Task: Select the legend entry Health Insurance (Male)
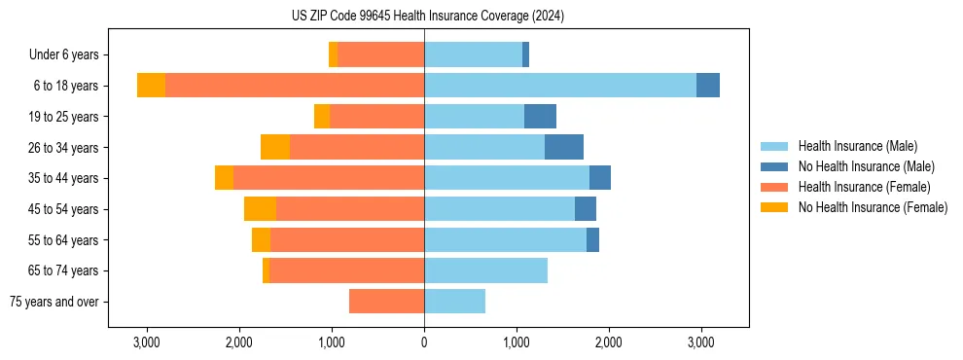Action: click(x=857, y=146)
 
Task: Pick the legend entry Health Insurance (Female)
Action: click(x=864, y=187)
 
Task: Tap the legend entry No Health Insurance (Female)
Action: click(x=873, y=207)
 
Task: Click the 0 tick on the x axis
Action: click(x=424, y=342)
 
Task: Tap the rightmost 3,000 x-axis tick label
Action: click(x=700, y=342)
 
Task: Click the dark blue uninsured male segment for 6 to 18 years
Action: click(x=708, y=86)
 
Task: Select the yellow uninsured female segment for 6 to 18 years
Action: click(x=151, y=86)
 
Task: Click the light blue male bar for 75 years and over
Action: click(x=454, y=302)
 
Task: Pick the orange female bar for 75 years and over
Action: click(x=386, y=302)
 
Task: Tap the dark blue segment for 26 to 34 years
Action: click(x=564, y=147)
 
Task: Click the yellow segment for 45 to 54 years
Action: click(x=260, y=209)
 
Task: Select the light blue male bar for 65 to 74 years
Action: click(x=485, y=270)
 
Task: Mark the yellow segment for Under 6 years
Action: click(x=333, y=54)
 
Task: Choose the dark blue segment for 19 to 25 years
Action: click(x=540, y=117)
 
